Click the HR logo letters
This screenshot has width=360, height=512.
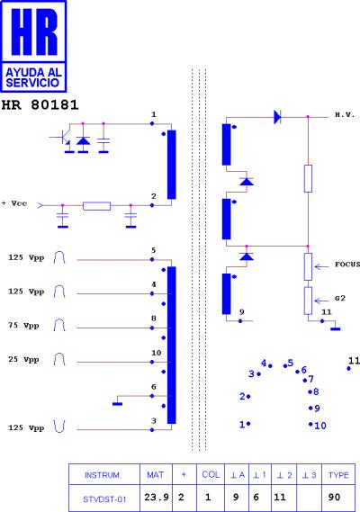(34, 31)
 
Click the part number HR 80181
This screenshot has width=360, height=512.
(40, 104)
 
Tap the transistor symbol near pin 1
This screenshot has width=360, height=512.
(62, 138)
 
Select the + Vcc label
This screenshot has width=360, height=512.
(14, 203)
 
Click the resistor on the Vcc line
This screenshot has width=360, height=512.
(96, 206)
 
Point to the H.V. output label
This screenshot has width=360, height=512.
(345, 115)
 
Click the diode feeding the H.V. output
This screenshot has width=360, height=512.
(277, 117)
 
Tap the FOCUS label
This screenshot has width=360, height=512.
(347, 265)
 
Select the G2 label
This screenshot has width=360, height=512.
(340, 298)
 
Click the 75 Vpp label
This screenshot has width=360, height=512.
(23, 326)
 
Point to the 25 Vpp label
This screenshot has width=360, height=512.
(23, 360)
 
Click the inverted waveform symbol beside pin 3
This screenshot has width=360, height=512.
(59, 427)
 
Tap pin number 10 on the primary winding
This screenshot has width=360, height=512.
(157, 353)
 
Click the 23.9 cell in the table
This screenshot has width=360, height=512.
(157, 498)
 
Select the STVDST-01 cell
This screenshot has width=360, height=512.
(104, 499)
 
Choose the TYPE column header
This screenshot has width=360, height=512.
(338, 475)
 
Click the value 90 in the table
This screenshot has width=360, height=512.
(334, 498)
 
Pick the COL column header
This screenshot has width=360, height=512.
(211, 474)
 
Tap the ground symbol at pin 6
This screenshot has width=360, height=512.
(117, 404)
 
